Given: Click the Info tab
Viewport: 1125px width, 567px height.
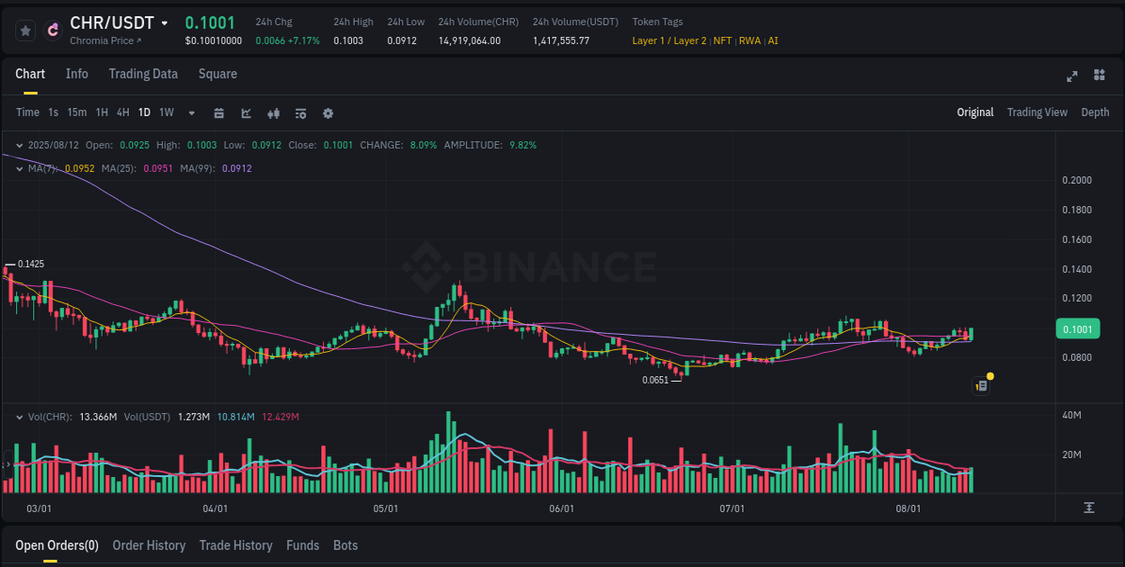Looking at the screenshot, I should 76,74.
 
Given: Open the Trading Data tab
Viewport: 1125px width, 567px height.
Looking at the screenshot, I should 143,74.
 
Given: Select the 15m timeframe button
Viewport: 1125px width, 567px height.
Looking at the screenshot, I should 77,112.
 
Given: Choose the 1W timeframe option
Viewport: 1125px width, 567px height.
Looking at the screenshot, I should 166,112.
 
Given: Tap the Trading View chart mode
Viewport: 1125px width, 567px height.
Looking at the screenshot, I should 1037,112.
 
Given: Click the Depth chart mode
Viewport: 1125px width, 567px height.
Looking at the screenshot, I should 1094,112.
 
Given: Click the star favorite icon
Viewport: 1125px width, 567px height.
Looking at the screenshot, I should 26,31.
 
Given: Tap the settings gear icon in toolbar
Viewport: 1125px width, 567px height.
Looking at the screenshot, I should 328,113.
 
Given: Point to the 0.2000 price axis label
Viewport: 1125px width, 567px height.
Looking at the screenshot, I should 1076,181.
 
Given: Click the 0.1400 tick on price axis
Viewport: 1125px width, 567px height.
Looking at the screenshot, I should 1076,269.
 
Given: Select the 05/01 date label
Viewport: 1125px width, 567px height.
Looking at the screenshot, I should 385,508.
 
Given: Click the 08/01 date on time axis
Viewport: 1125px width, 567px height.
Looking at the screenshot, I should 908,508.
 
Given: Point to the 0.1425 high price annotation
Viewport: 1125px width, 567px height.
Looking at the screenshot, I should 31,264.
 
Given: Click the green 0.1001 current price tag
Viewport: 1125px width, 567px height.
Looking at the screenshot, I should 1077,329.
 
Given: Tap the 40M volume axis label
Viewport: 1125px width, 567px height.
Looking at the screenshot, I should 1071,415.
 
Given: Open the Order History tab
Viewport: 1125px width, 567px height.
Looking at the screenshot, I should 148,545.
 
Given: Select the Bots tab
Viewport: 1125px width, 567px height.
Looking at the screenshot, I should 345,545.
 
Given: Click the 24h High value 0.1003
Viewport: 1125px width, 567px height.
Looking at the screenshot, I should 348,40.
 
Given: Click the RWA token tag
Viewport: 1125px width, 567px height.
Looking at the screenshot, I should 750,40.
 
